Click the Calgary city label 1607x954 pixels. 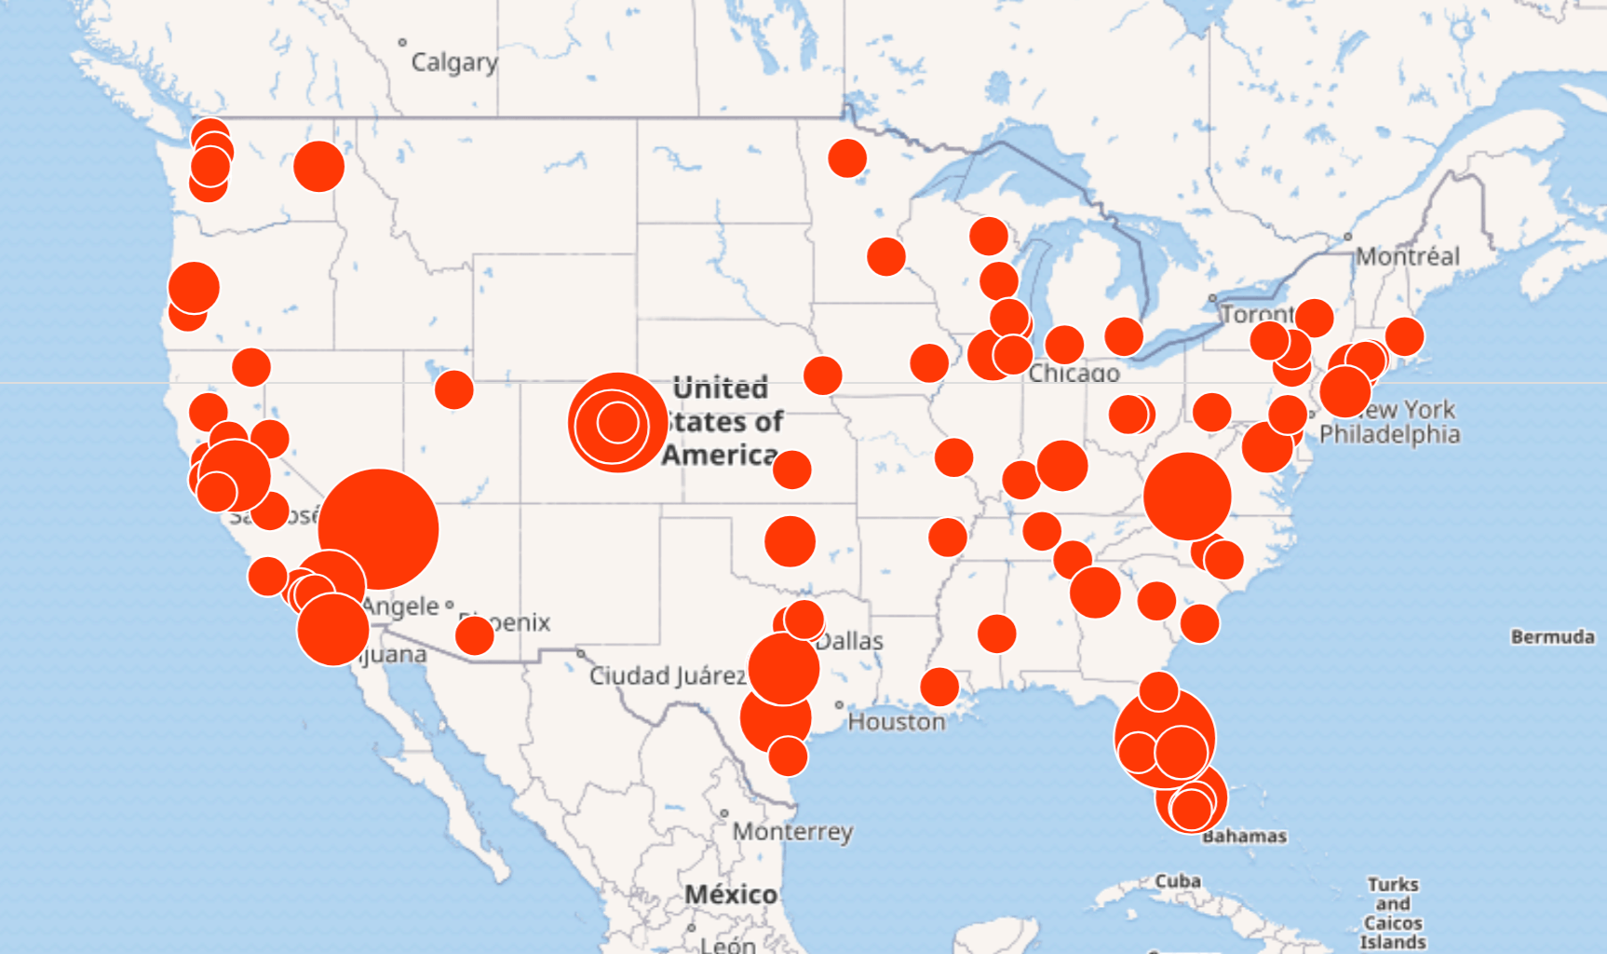click(454, 62)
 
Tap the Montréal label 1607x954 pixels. click(1407, 256)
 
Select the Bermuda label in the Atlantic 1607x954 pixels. click(1552, 637)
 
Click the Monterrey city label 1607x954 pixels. click(792, 831)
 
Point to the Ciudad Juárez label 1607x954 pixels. click(667, 675)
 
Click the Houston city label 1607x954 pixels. click(896, 722)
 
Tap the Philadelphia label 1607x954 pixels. click(1389, 434)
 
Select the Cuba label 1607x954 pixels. click(1178, 880)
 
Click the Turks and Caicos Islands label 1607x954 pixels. click(1393, 913)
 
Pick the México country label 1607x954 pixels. click(731, 894)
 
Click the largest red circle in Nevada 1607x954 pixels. click(378, 528)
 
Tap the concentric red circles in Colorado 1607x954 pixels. click(617, 423)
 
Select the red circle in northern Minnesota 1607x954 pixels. click(847, 158)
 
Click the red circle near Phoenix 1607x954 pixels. click(474, 635)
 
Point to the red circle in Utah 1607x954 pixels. click(453, 389)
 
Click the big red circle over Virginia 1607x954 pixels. click(1187, 497)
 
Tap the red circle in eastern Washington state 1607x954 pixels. click(318, 167)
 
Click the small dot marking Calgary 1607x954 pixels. click(402, 42)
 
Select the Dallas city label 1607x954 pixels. click(850, 641)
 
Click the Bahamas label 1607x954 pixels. click(1245, 837)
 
